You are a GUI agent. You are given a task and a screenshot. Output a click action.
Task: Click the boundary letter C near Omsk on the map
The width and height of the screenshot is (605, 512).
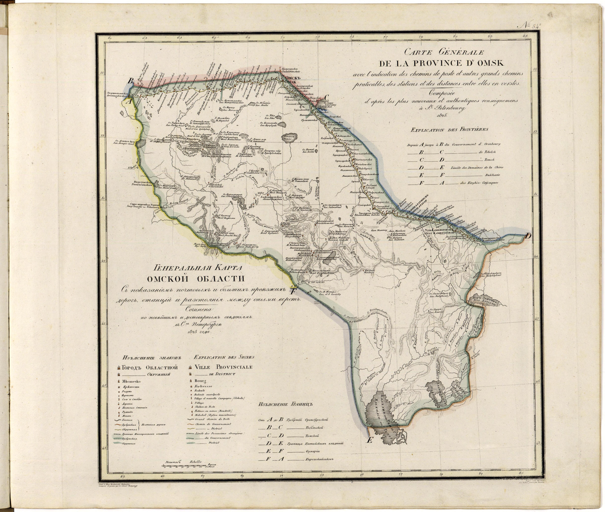[326, 97]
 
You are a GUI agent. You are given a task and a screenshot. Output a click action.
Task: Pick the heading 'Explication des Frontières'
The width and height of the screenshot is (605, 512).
[449, 130]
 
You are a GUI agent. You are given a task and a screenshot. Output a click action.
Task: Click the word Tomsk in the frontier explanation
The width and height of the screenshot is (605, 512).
[490, 160]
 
